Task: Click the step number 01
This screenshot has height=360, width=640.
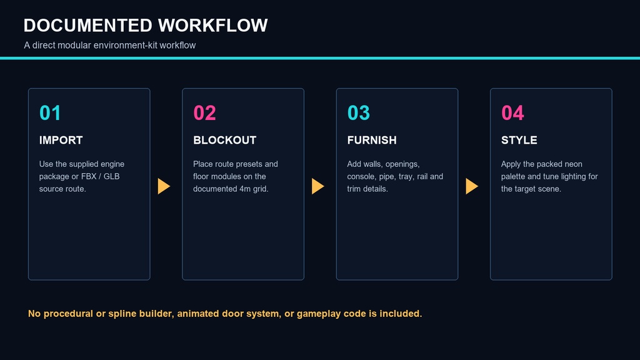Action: (x=50, y=112)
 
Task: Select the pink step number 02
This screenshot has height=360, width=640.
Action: (x=204, y=112)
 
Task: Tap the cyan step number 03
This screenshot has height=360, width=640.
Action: (x=358, y=112)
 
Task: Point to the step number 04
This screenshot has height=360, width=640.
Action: (x=512, y=112)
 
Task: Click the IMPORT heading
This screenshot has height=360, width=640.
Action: (x=61, y=140)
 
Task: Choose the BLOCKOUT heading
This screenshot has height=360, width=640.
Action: (x=224, y=140)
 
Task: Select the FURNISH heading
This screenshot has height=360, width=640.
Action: (x=372, y=140)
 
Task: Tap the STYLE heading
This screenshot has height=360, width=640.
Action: (x=519, y=140)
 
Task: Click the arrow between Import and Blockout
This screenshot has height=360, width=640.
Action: (x=164, y=186)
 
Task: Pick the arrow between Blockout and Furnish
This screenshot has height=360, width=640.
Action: (x=318, y=186)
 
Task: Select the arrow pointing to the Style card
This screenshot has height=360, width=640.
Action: (x=472, y=186)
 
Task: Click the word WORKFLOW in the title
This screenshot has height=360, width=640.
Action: (x=212, y=25)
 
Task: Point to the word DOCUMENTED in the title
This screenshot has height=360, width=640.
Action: (x=87, y=25)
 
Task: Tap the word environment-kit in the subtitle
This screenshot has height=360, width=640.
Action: (x=125, y=45)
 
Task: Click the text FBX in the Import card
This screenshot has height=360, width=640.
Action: (x=89, y=176)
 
